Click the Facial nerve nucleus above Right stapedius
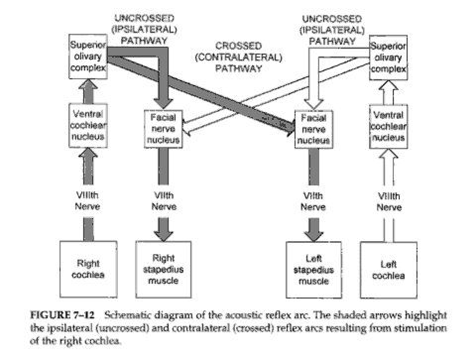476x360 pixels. click(x=171, y=127)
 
